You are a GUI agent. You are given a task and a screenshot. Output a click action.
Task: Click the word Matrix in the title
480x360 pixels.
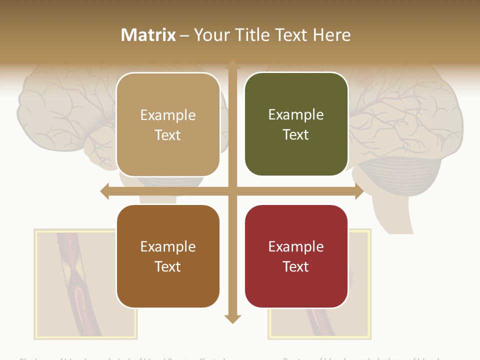(148, 35)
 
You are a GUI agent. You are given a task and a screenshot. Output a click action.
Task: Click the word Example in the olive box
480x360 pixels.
(296, 114)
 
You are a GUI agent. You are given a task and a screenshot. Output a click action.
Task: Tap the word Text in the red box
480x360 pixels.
(296, 266)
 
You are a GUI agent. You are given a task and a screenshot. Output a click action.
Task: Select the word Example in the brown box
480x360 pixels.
(168, 246)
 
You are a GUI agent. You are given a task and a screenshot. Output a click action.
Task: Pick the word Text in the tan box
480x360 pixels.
(168, 135)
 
